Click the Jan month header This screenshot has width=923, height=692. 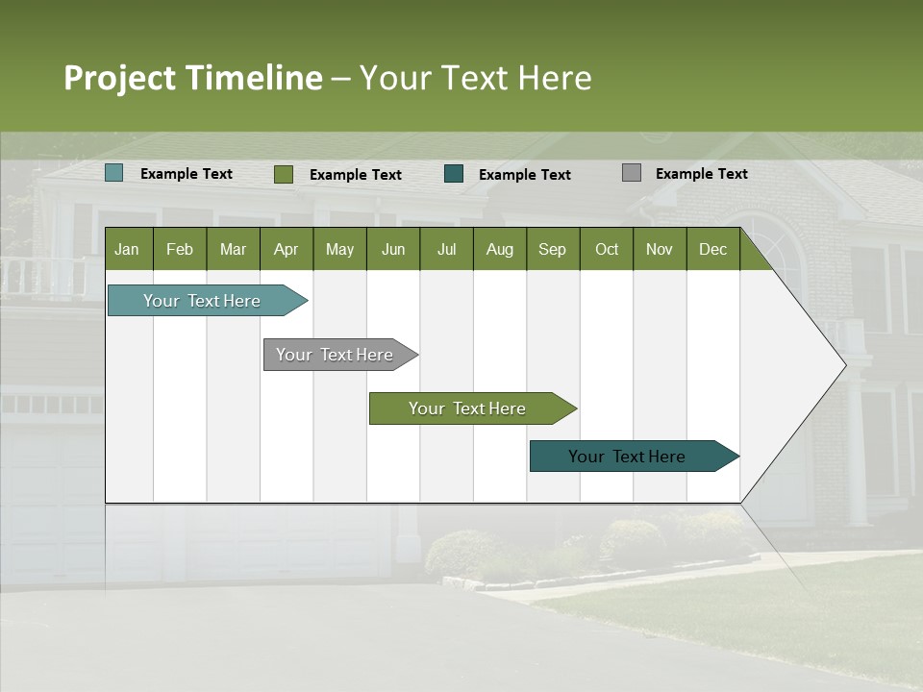[128, 249]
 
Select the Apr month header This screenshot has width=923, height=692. [287, 249]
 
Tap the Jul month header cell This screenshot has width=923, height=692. [446, 249]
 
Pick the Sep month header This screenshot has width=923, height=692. [552, 249]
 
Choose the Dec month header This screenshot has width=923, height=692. [712, 249]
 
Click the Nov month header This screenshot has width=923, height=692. [659, 249]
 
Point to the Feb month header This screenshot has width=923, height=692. [180, 249]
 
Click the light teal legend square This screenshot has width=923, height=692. [114, 173]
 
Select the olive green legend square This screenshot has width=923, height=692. [284, 174]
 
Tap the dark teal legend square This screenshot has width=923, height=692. [454, 173]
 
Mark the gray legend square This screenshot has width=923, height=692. [632, 173]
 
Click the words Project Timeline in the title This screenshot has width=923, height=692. [192, 78]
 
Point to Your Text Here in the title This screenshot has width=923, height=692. [476, 78]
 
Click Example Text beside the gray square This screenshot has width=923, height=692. [701, 173]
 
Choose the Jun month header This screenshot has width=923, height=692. [392, 249]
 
